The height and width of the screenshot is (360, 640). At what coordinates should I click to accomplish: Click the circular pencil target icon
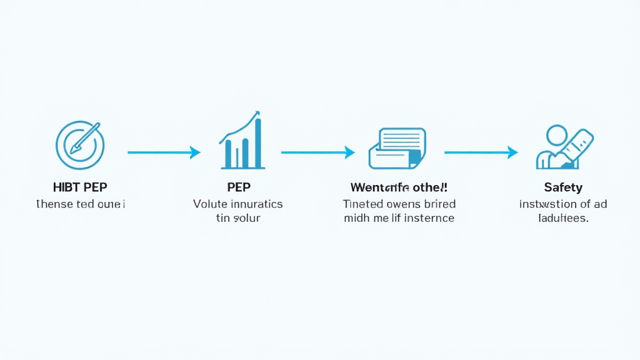(80, 145)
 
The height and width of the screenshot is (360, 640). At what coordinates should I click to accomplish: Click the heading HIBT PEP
(80, 187)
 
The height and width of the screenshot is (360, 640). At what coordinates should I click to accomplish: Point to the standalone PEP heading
(238, 187)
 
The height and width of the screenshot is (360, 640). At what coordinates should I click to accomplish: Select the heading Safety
(563, 187)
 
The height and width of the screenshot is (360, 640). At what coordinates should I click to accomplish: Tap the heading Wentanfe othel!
(399, 187)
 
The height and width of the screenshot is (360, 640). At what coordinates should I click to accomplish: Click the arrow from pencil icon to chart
(164, 152)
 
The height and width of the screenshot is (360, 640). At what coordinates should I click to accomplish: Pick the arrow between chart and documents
(317, 152)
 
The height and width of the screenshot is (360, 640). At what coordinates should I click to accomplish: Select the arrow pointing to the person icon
(481, 152)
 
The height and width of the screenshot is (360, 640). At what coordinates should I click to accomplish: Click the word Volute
(211, 204)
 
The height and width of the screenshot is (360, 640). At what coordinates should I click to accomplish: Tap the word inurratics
(257, 204)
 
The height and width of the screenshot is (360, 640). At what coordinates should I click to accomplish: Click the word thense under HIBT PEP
(54, 204)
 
